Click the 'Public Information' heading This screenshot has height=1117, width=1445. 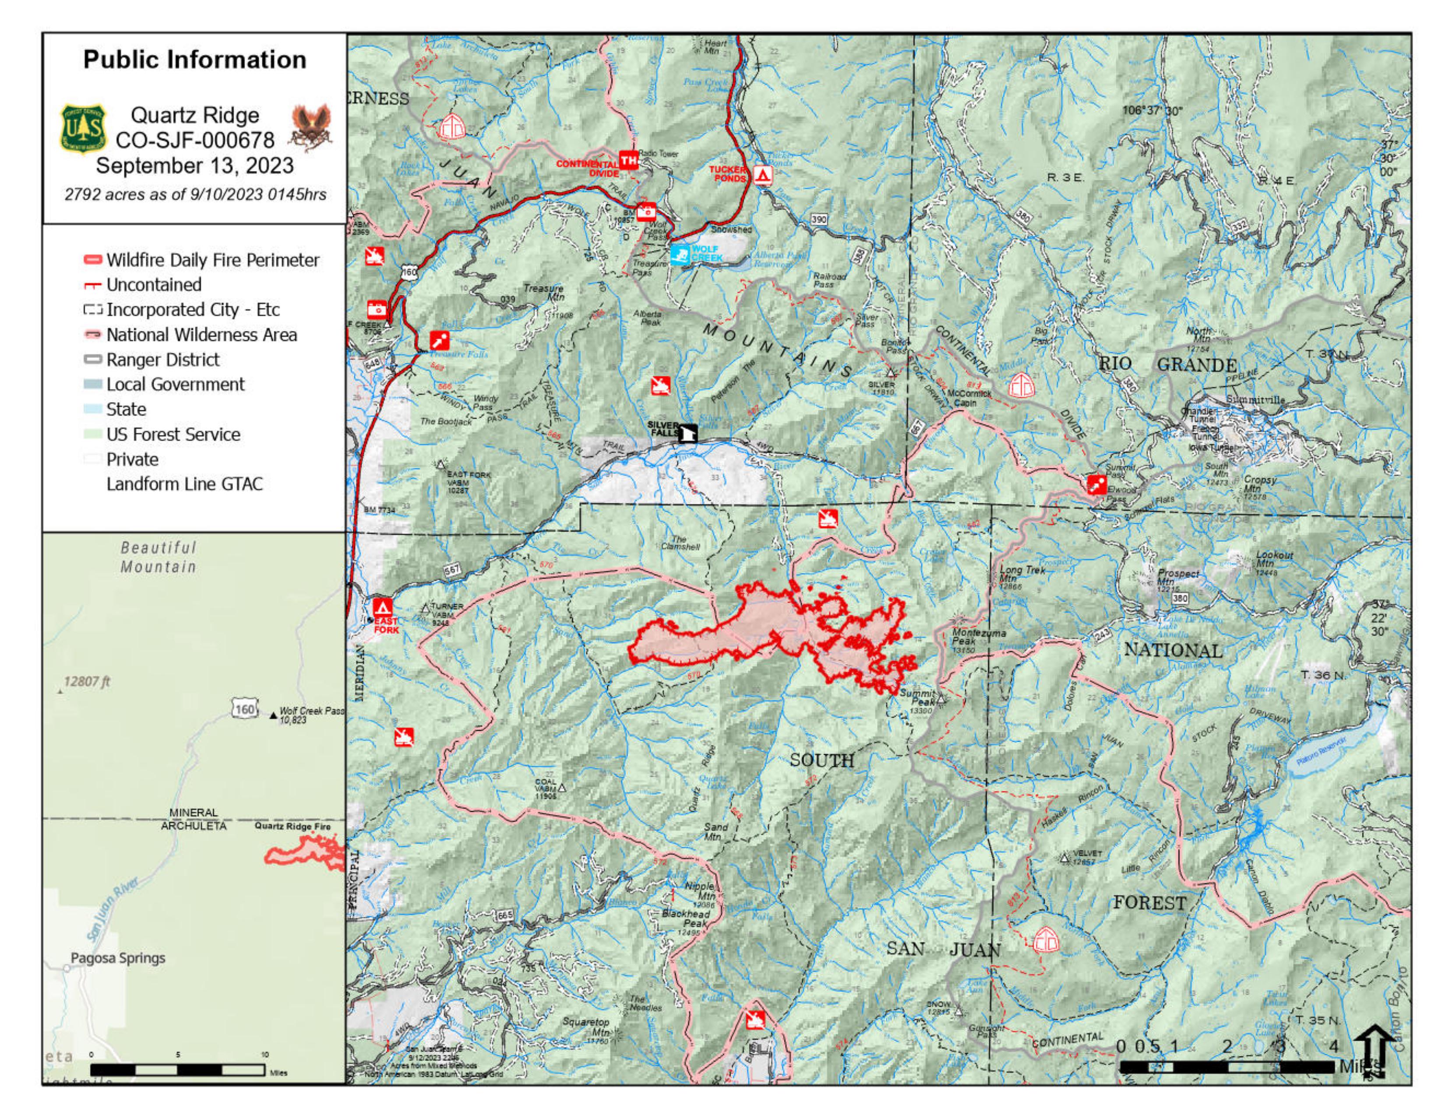pos(194,60)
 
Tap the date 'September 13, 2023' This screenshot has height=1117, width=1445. pos(194,165)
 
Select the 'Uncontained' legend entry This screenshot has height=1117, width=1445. pos(154,285)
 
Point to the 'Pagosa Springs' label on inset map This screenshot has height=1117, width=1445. pos(118,958)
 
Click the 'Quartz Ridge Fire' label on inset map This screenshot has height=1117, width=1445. pos(293,827)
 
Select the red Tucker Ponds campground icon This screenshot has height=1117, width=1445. pos(763,175)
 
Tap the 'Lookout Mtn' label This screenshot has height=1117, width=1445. pos(1274,559)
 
